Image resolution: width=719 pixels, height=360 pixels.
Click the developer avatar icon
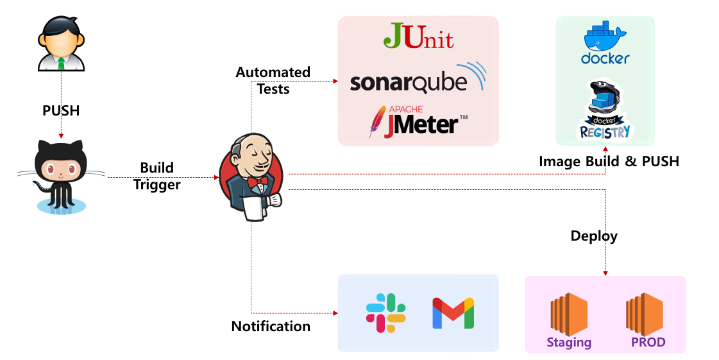click(x=61, y=44)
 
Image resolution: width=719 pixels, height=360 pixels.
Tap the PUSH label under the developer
click(x=61, y=110)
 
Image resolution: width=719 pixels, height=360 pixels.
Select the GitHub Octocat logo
click(x=61, y=173)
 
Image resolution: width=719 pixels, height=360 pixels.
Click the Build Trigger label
click(x=158, y=176)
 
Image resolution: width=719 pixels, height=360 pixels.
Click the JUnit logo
click(x=418, y=37)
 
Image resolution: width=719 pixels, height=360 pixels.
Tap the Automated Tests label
click(x=273, y=80)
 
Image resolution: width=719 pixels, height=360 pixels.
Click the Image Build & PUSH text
click(x=609, y=161)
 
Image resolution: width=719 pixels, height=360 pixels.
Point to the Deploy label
click(x=594, y=236)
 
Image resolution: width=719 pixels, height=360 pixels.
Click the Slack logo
click(x=385, y=313)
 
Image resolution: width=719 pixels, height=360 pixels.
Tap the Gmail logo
click(x=453, y=313)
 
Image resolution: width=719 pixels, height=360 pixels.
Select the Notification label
click(x=271, y=326)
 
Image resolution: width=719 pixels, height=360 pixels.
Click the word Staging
click(x=569, y=342)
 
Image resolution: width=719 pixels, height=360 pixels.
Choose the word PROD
click(x=648, y=342)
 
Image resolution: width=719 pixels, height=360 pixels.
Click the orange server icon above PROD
click(x=645, y=314)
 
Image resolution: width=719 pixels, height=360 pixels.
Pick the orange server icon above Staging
click(x=569, y=314)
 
